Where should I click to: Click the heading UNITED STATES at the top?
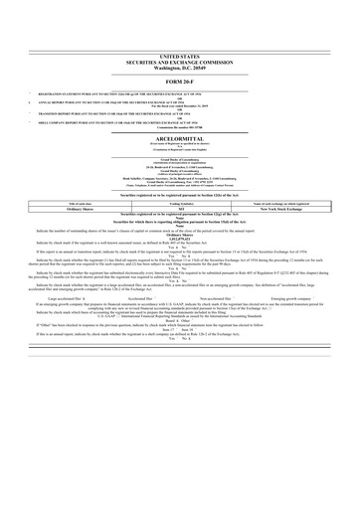point(179,59)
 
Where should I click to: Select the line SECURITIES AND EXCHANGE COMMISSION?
point(179,65)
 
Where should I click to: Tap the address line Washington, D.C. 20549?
point(179,71)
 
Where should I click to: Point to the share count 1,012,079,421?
point(179,239)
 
